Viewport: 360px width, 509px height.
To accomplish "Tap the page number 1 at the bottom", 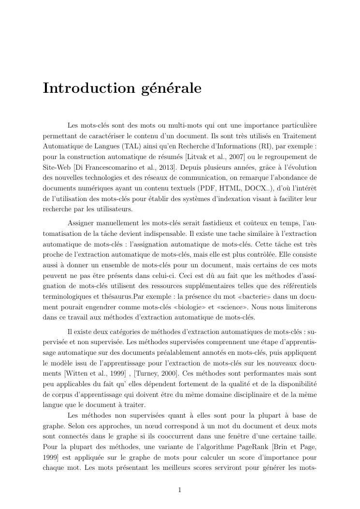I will point(180,490).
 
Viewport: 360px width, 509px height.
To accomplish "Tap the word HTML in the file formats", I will point(230,189).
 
